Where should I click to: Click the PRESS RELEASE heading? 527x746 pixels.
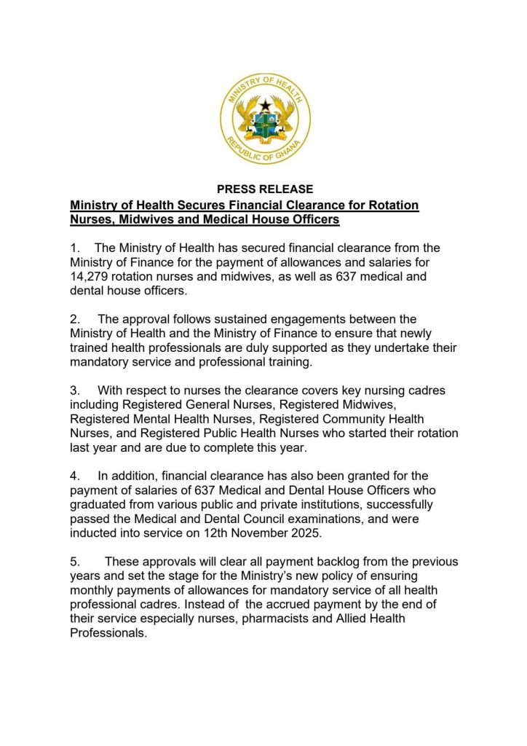pos(265,189)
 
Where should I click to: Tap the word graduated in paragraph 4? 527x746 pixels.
pos(102,504)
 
